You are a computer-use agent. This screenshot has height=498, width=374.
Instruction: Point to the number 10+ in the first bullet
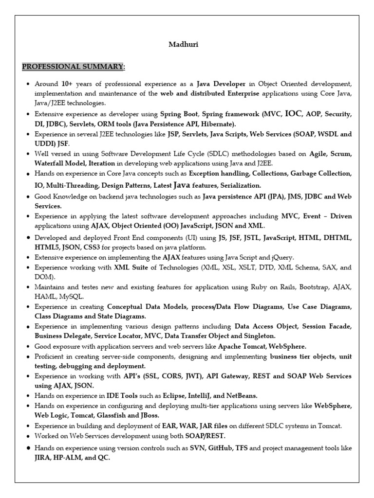67,84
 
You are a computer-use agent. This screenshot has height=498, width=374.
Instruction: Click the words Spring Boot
177,114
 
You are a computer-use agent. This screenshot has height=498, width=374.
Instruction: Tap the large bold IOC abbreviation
294,114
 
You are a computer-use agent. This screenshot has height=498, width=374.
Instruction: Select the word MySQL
72,296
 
